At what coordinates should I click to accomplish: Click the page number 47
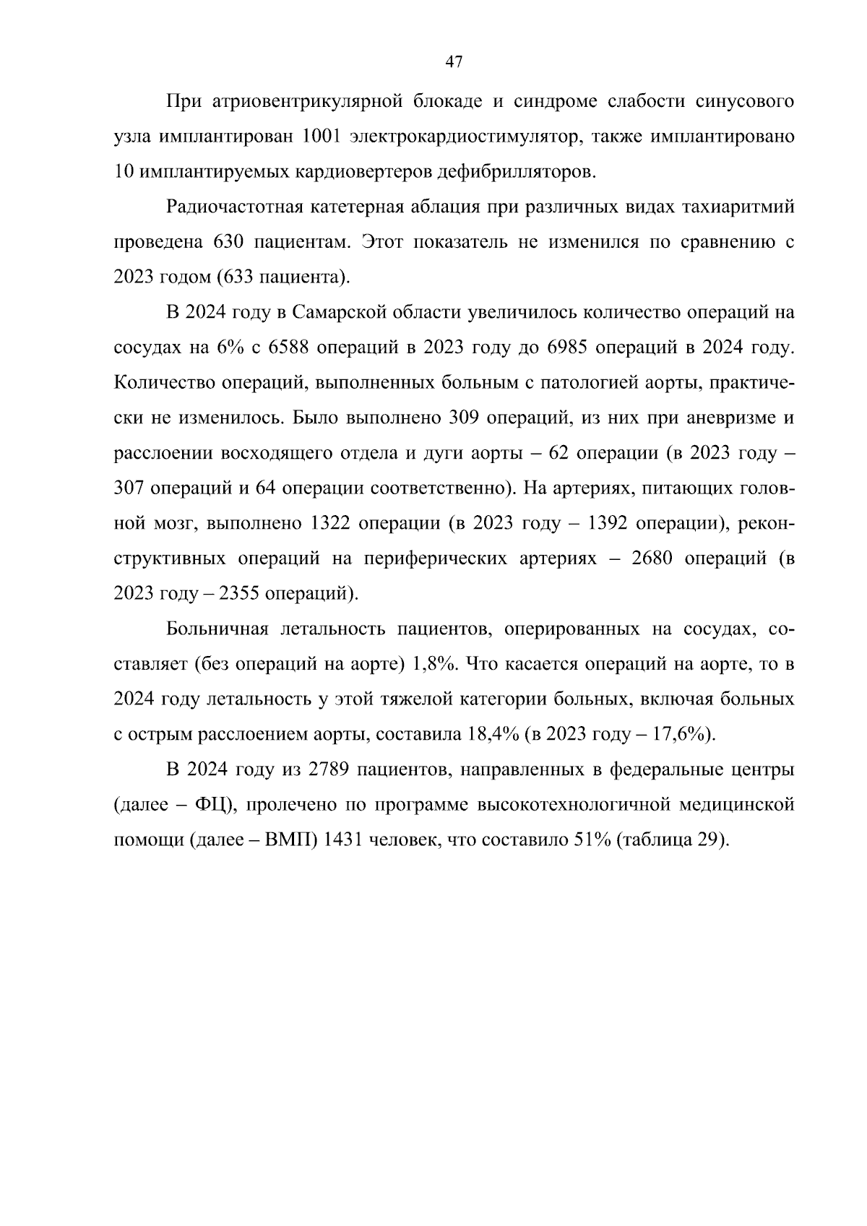coord(454,62)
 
